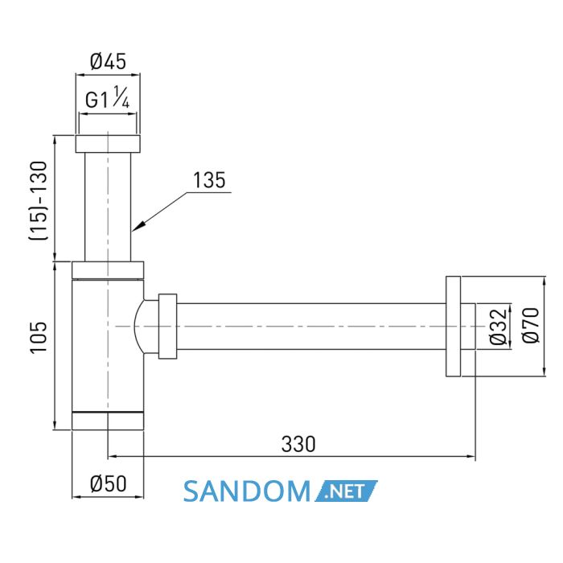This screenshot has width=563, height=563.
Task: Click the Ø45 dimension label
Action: point(108,61)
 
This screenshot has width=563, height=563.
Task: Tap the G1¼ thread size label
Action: point(107,97)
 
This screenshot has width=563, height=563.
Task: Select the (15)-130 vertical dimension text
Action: point(39,201)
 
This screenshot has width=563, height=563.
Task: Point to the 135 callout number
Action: point(209,180)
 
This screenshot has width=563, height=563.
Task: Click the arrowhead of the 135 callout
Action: point(138,225)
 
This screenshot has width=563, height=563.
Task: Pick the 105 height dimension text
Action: point(39,338)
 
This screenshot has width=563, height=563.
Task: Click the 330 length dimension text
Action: point(298,444)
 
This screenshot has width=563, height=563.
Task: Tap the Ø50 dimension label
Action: point(108,483)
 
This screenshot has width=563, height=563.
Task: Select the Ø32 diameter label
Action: point(498,327)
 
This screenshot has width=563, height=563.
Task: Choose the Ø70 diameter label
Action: point(531,325)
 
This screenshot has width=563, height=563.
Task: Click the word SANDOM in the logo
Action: point(247,491)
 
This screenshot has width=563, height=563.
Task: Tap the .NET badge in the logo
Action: point(346,491)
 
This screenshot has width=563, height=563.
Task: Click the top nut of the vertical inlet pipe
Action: point(108,144)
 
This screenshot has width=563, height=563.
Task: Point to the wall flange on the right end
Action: point(453,327)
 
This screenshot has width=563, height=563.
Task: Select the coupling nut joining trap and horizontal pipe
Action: point(167,327)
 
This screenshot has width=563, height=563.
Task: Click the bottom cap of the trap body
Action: point(108,421)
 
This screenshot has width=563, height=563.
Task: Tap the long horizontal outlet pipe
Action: point(311,327)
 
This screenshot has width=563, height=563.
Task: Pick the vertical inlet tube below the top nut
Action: point(108,207)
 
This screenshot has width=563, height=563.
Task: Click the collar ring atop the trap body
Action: point(108,270)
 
